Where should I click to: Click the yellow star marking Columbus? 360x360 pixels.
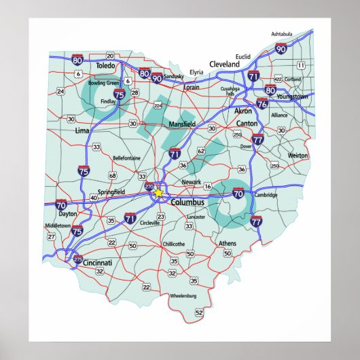tap(158, 193)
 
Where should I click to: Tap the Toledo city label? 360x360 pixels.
tap(107, 67)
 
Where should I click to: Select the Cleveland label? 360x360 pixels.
tap(225, 64)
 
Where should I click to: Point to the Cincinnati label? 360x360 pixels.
tap(95, 262)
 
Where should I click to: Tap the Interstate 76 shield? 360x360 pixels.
tap(262, 104)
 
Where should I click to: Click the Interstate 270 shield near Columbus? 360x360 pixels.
tap(149, 186)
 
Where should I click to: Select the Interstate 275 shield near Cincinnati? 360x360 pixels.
tap(78, 259)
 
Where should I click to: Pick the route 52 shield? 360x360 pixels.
tap(199, 312)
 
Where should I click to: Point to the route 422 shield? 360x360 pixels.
tap(278, 79)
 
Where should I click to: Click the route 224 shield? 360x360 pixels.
tap(158, 105)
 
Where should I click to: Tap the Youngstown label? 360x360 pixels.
tap(293, 97)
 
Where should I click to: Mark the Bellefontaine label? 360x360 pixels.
tap(127, 158)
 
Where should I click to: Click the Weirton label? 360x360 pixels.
tap(298, 156)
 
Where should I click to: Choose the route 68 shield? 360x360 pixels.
tap(113, 175)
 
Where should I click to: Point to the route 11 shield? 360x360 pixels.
tap(300, 65)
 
